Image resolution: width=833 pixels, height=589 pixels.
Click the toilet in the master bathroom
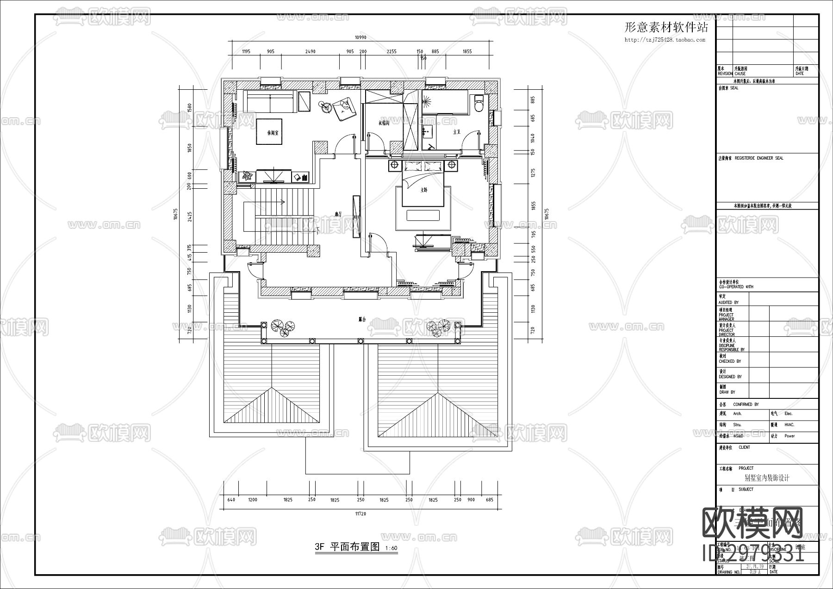pos(479,103)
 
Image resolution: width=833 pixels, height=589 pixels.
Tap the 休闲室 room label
pos(273,132)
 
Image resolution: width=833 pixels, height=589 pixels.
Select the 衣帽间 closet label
pos(384,123)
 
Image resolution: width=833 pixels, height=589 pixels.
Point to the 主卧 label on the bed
pos(423,190)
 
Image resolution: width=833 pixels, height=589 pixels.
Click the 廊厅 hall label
pos(338,214)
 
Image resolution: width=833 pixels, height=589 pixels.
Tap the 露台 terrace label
pos(362,319)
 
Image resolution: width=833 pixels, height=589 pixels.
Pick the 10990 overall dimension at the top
pos(361,37)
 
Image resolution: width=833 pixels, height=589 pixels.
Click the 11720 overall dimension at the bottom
pos(361,514)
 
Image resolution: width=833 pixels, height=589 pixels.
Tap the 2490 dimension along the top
pos(310,52)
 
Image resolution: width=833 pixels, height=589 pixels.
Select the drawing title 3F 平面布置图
pos(347,547)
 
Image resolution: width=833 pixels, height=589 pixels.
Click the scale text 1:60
pos(391,548)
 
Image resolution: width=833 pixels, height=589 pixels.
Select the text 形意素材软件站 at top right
pos(666,28)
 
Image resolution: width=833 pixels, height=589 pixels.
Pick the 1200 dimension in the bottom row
pos(253,500)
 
